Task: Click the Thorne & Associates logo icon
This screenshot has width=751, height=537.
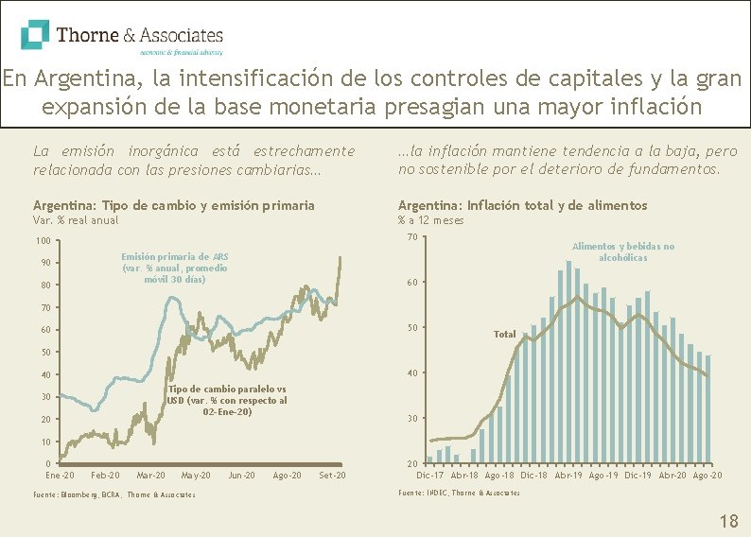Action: coord(35,35)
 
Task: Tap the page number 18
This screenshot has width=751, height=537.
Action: coord(728,521)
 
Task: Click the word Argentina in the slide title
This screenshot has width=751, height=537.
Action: coord(66,78)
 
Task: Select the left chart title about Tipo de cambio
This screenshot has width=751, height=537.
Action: coord(174,205)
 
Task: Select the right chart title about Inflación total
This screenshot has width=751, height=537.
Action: coord(522,205)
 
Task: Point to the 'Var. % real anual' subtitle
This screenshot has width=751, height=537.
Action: coord(76,220)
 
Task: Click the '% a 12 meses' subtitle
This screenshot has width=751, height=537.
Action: coord(430,220)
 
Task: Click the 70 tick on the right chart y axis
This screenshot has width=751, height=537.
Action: coord(411,236)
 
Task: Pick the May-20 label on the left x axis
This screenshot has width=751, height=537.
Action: coord(196,475)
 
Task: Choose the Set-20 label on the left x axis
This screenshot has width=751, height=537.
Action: coord(332,475)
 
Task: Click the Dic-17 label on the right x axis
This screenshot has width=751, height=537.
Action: coord(430,475)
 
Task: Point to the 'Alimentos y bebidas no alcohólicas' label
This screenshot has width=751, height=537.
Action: coord(623,251)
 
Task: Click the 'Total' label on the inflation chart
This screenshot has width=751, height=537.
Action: coord(505,334)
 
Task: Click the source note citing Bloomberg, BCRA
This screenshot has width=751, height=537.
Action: coord(114,494)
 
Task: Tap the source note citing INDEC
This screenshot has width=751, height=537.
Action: coord(459,493)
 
